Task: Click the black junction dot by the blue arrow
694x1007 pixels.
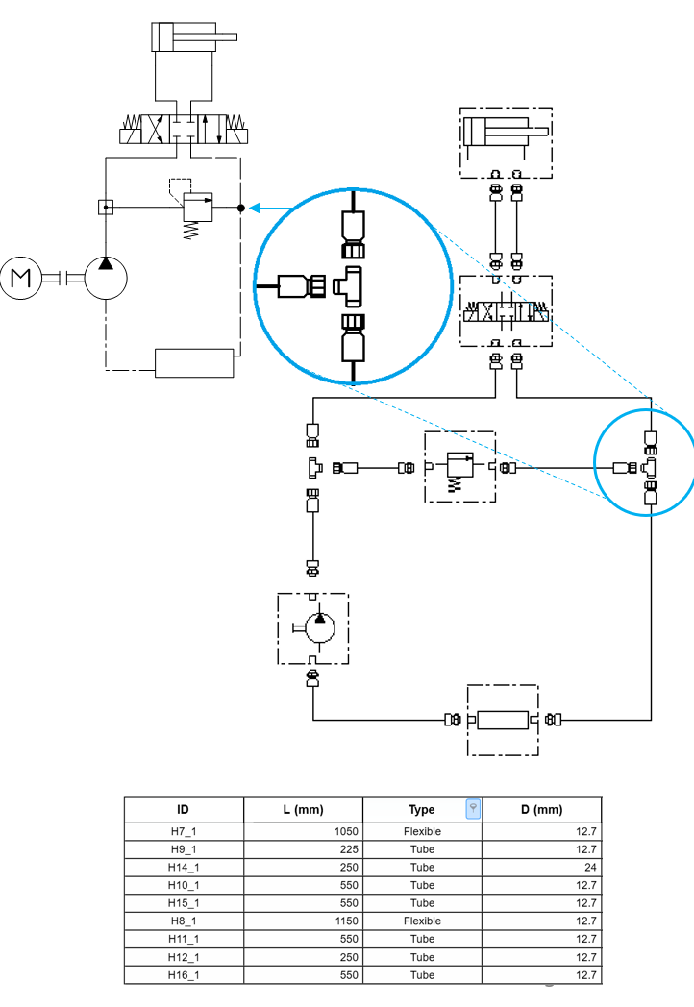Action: coord(241,207)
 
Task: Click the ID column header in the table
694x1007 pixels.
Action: coord(183,809)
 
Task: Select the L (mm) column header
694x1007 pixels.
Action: coord(302,809)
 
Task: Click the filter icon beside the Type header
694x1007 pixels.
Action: coord(473,809)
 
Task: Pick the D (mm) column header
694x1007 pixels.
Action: coord(541,809)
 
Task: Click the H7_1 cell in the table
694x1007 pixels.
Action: coord(183,831)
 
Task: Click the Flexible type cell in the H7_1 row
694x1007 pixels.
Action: coord(422,831)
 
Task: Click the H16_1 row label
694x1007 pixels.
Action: coord(183,975)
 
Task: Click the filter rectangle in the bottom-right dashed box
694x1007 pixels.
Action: coord(503,720)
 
